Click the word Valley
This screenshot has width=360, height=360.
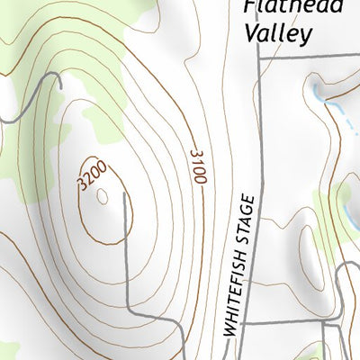point(277,33)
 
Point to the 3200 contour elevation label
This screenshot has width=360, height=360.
point(93,175)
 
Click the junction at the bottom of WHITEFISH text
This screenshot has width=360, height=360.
point(243,323)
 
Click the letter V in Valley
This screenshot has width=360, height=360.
point(252,32)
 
